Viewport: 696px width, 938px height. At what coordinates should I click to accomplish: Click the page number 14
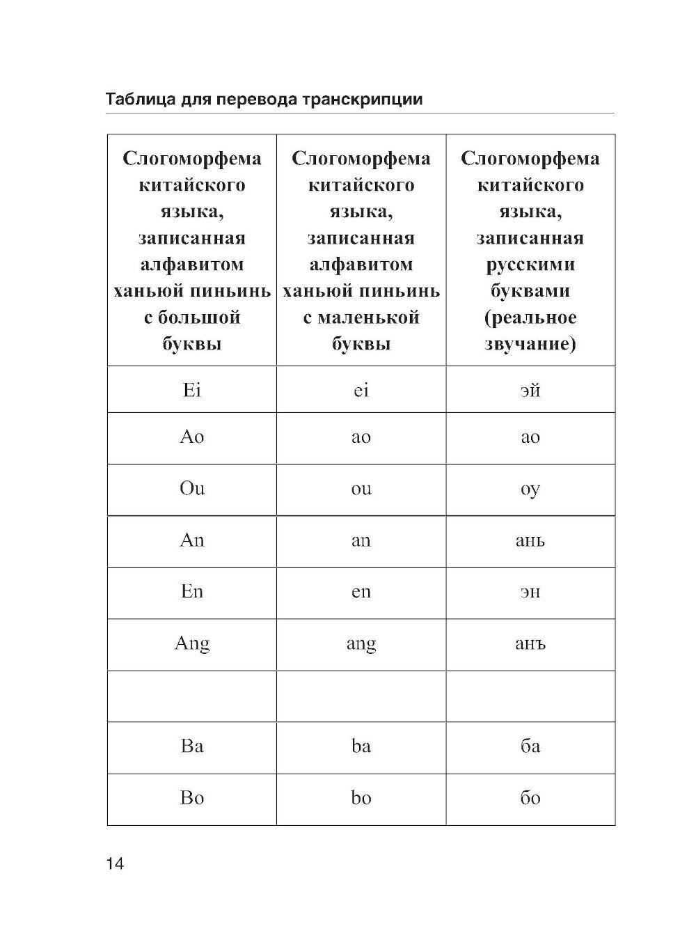coord(115,864)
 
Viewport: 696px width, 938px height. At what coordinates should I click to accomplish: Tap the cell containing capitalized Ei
coord(191,390)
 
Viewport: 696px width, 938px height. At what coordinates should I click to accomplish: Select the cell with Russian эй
coord(530,390)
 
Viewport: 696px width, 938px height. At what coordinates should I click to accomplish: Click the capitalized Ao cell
coord(191,437)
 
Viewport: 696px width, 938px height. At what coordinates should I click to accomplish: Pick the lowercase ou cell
coord(361,489)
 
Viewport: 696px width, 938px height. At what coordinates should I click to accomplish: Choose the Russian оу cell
coord(530,489)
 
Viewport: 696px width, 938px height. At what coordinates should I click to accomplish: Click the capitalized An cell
coord(191,540)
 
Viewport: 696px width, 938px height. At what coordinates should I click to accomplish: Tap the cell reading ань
coord(530,540)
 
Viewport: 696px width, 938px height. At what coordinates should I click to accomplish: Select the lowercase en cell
coord(361,592)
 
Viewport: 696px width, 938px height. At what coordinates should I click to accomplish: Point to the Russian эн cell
coord(530,592)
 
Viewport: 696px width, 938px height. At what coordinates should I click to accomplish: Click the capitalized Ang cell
coord(191,643)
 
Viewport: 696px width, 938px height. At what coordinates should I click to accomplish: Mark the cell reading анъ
coord(530,643)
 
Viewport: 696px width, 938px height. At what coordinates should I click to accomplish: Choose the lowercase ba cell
coord(361,747)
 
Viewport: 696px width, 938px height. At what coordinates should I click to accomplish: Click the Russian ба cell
coord(530,747)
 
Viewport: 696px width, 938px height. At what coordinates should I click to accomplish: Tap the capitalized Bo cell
coord(191,798)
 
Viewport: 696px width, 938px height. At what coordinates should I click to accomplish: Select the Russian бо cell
coord(530,798)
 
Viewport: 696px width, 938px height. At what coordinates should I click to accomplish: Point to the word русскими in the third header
coord(530,265)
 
